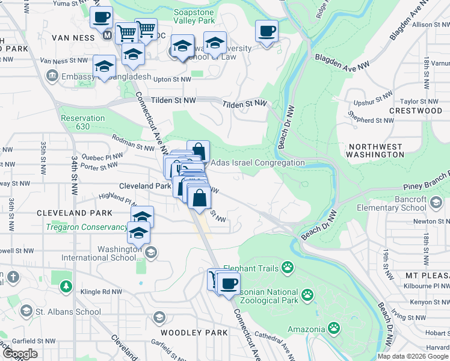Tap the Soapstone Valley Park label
click(x=194, y=16)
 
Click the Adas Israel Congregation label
click(x=258, y=163)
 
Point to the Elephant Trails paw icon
click(x=289, y=266)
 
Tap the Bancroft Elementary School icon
click(x=434, y=203)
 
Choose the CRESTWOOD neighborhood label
click(x=415, y=111)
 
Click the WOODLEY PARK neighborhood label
click(x=194, y=333)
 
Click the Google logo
click(x=20, y=354)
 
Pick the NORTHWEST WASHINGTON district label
click(x=376, y=150)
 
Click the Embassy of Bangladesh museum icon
click(x=52, y=76)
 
